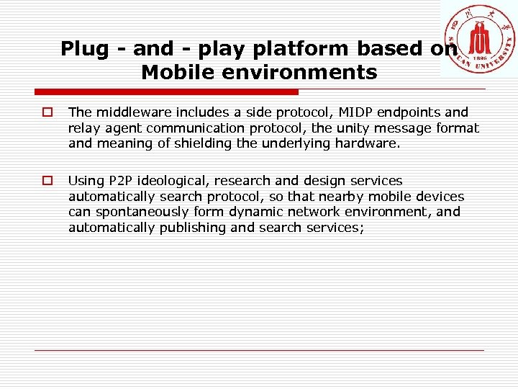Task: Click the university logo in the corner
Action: [479, 39]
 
